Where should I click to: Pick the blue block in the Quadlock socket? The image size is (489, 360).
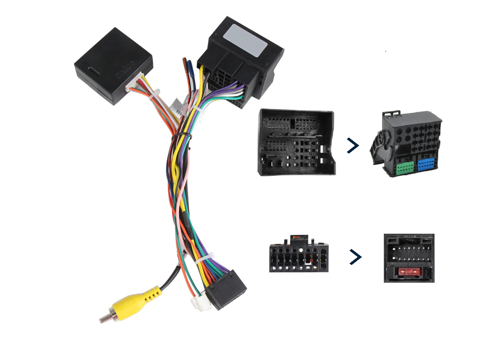click(426, 164)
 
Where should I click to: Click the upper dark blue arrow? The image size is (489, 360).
click(353, 146)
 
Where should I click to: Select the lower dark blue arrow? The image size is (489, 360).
click(356, 257)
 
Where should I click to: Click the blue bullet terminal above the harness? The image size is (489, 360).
click(191, 72)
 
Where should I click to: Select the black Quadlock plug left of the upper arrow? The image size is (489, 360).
click(297, 142)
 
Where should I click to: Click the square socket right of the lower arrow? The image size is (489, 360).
click(409, 258)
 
